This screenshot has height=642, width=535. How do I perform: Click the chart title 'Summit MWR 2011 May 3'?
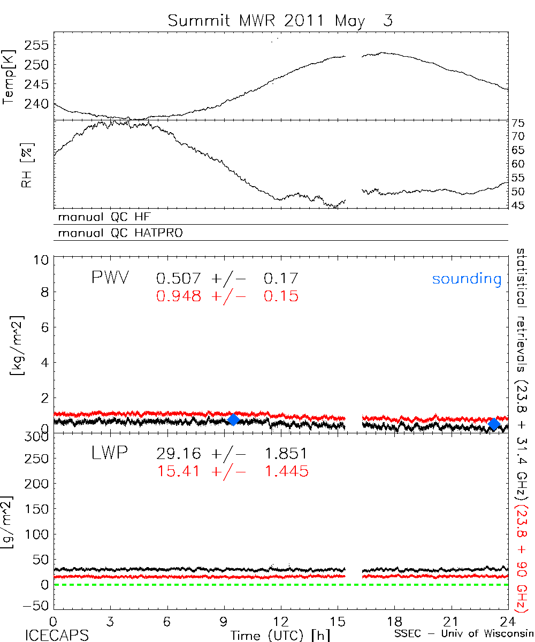click(280, 21)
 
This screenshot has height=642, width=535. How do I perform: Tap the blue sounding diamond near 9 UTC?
click(233, 419)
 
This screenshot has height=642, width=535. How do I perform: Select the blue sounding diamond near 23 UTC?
click(494, 424)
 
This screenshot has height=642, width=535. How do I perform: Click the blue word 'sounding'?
click(467, 279)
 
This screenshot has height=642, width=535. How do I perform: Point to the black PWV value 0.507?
click(179, 278)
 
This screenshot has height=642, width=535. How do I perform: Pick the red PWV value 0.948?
click(179, 296)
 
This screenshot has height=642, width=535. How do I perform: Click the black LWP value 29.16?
click(179, 454)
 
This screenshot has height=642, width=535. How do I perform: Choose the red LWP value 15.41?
click(179, 471)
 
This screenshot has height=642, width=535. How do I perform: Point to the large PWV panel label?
click(110, 278)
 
